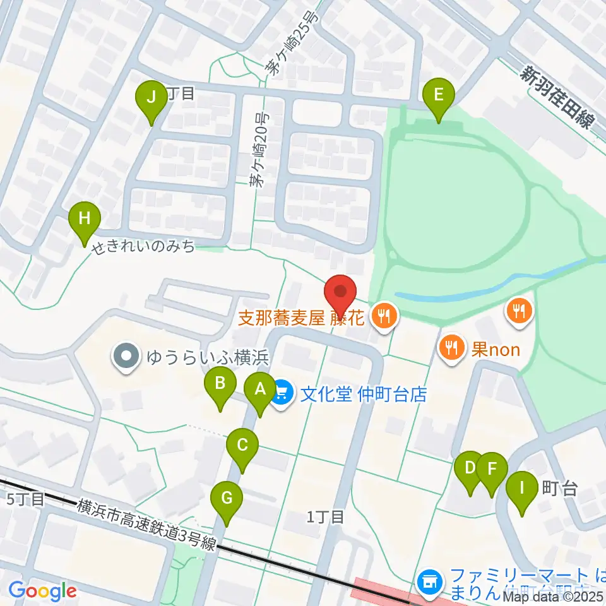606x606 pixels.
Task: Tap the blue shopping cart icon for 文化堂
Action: (x=282, y=395)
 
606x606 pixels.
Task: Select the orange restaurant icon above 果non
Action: (x=518, y=310)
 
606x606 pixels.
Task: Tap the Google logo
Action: (x=43, y=591)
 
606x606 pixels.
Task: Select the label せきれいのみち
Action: (x=143, y=247)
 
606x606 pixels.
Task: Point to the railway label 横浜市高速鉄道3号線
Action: (x=147, y=517)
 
